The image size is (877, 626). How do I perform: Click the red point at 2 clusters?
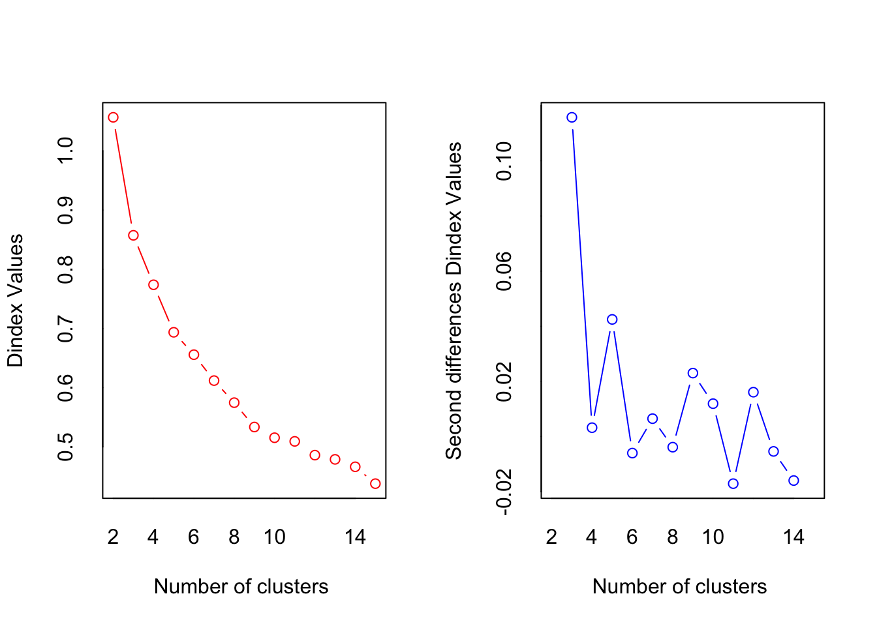tap(113, 117)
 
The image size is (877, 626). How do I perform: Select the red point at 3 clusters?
tap(133, 235)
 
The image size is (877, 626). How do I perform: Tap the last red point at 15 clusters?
tap(375, 484)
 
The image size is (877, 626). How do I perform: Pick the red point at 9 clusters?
tap(254, 427)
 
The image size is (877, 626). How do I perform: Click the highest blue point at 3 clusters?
tap(572, 117)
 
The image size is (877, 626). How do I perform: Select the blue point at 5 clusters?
tap(612, 320)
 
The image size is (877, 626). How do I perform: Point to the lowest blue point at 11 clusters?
tap(733, 484)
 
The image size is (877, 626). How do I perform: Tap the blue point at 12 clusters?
tap(754, 392)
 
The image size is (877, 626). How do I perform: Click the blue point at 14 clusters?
tap(793, 481)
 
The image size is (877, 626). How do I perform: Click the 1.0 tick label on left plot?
tap(66, 151)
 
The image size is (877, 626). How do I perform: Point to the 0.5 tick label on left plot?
tap(66, 447)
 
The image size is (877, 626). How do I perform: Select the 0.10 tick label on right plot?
tap(504, 161)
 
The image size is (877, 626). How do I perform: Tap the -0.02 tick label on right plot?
tap(504, 498)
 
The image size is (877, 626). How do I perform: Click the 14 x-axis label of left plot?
tap(355, 537)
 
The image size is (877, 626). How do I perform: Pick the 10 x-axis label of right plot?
tap(713, 537)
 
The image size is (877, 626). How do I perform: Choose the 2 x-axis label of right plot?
tap(551, 537)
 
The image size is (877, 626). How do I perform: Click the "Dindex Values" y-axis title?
tap(16, 301)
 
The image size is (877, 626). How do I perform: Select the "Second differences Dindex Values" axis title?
tap(454, 301)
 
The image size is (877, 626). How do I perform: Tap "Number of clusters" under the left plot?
tap(241, 587)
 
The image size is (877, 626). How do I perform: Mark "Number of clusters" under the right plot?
tap(679, 587)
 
